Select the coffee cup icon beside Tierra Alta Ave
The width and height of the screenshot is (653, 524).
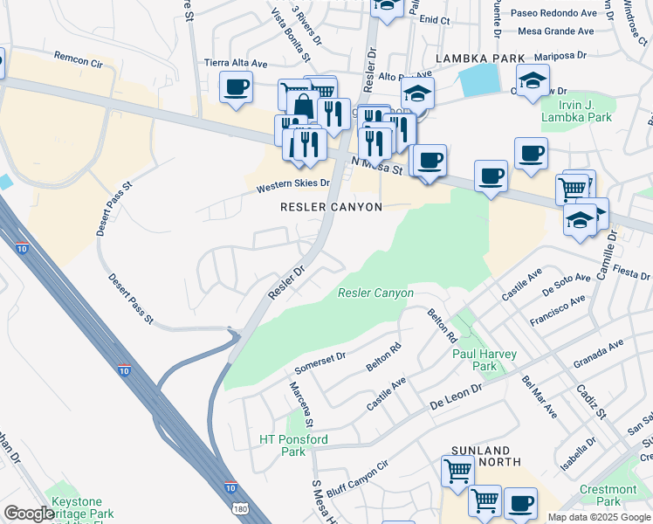coord(236,87)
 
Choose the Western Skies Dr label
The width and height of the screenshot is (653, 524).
coord(292,186)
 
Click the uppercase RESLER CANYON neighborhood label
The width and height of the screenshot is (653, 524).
coord(331,207)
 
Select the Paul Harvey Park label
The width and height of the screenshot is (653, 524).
coord(485,360)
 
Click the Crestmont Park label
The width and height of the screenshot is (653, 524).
coord(608,495)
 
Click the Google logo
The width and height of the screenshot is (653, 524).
coord(29,513)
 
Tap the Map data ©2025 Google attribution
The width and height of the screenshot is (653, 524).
coord(598,517)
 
